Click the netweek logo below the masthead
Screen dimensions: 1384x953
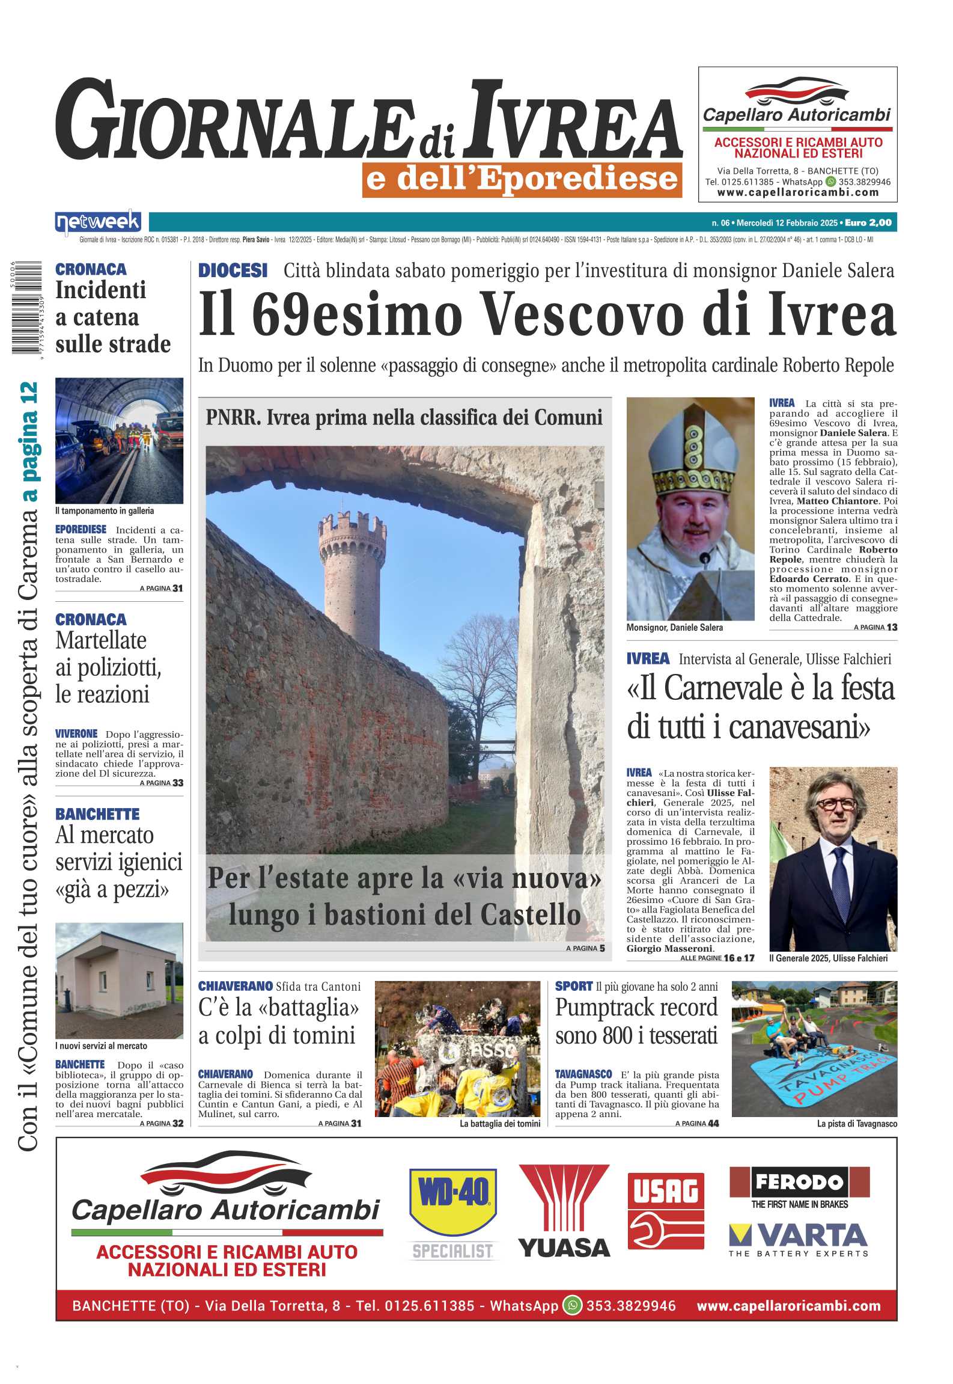98,222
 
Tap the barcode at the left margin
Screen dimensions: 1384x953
26,307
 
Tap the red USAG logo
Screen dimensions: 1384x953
666,1211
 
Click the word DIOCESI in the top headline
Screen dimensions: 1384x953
233,271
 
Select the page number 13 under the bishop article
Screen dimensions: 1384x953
892,627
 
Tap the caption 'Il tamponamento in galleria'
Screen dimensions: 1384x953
105,510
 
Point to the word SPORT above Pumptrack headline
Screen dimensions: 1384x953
573,986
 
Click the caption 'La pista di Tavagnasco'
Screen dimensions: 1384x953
857,1124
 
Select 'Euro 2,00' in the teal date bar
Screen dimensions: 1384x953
868,222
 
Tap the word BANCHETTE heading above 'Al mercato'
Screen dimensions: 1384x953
97,814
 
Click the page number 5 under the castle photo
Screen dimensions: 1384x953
602,948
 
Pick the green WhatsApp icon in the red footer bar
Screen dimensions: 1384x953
573,1305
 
